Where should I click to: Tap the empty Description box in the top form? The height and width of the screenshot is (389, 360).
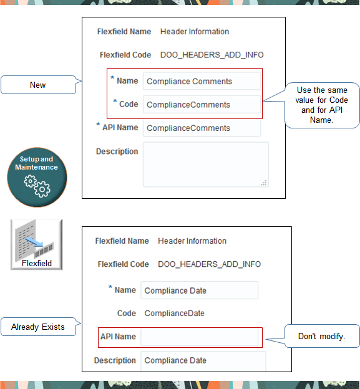(x=205, y=164)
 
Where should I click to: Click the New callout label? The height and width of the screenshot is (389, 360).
(x=37, y=85)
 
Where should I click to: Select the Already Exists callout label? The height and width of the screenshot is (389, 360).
(x=37, y=327)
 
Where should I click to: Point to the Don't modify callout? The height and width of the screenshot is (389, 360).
(x=321, y=337)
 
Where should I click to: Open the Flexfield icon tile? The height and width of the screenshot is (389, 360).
(x=36, y=244)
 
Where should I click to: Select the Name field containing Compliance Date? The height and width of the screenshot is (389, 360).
(x=198, y=291)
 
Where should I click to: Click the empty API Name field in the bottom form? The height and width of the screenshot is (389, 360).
(x=198, y=337)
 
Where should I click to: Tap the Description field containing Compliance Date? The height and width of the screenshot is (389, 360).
(x=203, y=360)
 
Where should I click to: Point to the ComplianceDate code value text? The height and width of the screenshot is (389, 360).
(x=174, y=314)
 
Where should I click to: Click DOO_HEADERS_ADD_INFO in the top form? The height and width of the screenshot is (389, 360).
(x=212, y=55)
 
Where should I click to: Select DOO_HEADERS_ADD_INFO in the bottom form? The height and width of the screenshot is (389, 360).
(x=209, y=264)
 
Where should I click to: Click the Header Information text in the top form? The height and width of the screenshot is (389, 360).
(x=195, y=32)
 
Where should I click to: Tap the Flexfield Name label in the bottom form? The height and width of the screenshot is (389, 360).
(x=122, y=241)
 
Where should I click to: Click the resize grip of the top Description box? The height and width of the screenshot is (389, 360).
(x=264, y=183)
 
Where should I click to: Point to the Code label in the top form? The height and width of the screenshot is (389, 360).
(x=128, y=104)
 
